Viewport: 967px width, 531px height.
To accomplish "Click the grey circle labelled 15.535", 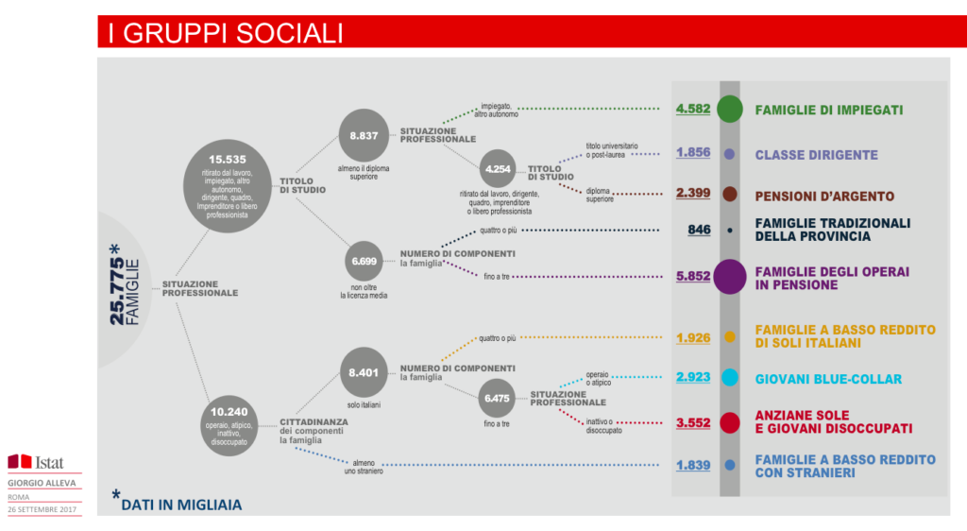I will point(227,184).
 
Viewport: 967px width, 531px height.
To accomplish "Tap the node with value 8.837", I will point(364,135).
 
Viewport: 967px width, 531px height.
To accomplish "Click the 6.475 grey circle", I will point(497,398).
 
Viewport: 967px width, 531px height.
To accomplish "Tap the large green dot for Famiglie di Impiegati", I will point(729,110).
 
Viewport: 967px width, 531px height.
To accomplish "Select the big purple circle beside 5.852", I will point(730,276).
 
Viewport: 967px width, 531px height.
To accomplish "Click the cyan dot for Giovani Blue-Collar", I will point(729,378).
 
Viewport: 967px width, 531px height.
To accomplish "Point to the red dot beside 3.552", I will point(729,422).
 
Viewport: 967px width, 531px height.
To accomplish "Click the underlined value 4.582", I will point(692,110).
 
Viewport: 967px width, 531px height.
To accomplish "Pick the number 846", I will point(699,230).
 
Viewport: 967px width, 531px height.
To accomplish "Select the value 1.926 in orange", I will point(692,336).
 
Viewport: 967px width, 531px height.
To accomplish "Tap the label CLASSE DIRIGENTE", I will point(816,154).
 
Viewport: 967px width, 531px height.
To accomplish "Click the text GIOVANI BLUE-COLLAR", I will point(828,378).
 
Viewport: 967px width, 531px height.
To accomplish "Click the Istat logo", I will point(35,462).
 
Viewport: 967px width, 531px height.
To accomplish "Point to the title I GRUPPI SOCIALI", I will point(225,34).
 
